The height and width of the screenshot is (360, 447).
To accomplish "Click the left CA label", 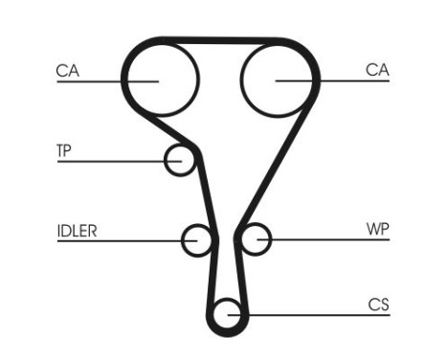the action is click(x=67, y=69).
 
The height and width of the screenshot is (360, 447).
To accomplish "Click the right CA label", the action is click(x=377, y=69).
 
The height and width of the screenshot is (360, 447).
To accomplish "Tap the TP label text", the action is click(x=65, y=149).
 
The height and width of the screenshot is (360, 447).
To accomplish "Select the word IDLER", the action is click(x=77, y=230).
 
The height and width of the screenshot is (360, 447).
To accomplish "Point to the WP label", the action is click(x=378, y=230).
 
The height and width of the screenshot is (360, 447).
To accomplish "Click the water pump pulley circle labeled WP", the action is click(x=255, y=239).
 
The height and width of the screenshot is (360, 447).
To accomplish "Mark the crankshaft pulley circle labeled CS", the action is click(x=228, y=313).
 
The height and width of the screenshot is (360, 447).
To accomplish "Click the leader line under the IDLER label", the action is click(x=115, y=239).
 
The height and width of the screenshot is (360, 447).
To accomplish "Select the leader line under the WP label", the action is click(x=325, y=239).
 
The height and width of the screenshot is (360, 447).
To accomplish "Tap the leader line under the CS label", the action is click(x=316, y=314).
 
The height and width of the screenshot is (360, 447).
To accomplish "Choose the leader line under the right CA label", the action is click(x=335, y=81).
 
